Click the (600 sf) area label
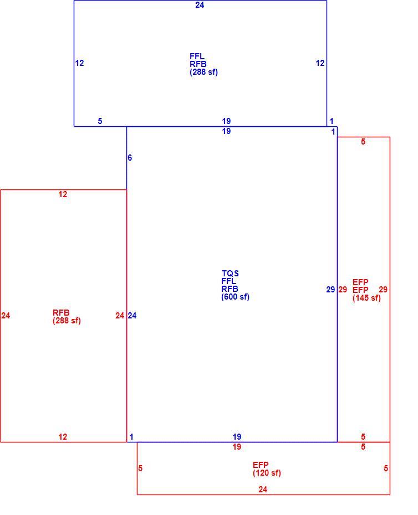click(235, 297)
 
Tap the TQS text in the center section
click(230, 273)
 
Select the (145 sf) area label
click(366, 298)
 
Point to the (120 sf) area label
click(267, 473)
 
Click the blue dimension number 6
click(130, 158)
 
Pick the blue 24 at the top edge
click(200, 5)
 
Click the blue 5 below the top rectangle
click(100, 121)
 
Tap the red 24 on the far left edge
click(6, 316)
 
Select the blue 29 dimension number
click(330, 290)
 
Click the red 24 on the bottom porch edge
click(263, 490)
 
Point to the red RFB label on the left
click(61, 312)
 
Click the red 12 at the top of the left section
click(63, 194)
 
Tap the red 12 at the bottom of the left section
click(63, 437)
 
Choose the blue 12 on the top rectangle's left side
click(80, 63)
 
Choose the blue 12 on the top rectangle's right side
click(320, 63)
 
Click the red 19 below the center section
click(237, 447)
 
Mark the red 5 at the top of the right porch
click(363, 142)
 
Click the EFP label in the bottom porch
click(261, 465)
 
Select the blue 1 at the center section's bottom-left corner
click(131, 437)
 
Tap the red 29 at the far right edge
click(383, 290)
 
